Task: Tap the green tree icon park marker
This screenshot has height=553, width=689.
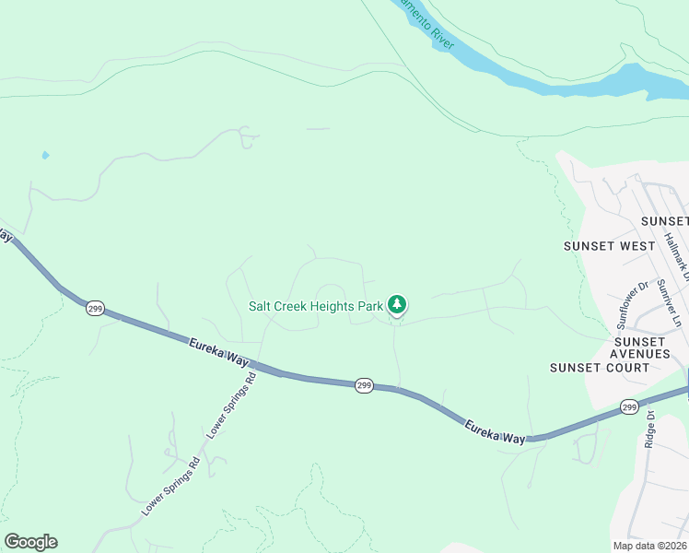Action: coord(397,304)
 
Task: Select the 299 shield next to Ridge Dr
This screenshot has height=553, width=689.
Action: coord(629,406)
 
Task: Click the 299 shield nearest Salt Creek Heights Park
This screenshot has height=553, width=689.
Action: coord(364,385)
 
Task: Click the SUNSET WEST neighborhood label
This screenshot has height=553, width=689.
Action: coord(609,246)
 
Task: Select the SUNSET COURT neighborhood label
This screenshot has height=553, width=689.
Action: coord(598,368)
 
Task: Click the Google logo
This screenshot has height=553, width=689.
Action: coord(30,542)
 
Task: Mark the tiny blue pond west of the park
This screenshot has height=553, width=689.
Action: coord(45,155)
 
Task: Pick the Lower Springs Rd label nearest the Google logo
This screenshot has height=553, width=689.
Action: coord(170,486)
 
